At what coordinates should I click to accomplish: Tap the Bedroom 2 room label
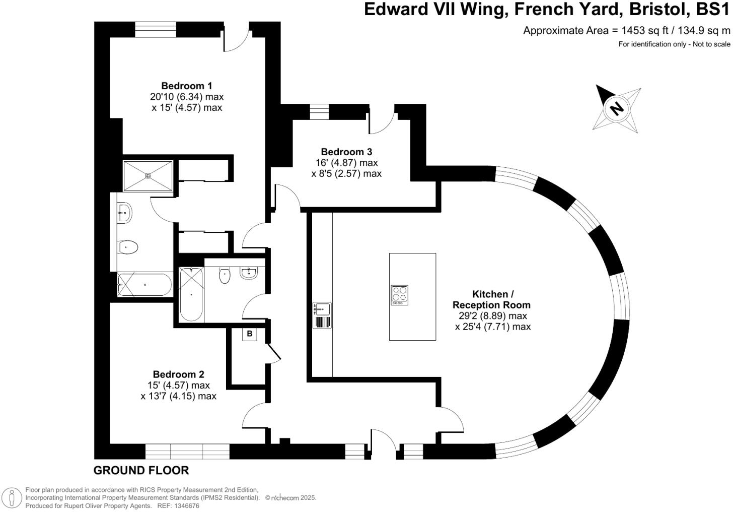[178, 374]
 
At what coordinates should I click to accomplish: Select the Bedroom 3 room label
[346, 152]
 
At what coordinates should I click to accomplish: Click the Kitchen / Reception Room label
[492, 299]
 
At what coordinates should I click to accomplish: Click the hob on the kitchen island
[400, 295]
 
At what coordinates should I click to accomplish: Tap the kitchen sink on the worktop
[322, 308]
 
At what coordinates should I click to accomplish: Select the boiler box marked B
[250, 334]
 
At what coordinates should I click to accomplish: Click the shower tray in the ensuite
[148, 175]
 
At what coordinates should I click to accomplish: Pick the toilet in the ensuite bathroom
[129, 247]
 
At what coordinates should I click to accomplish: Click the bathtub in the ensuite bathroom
[145, 285]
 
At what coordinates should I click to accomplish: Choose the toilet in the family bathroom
[225, 275]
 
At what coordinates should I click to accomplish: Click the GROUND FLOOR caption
[141, 470]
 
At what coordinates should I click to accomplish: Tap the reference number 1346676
[186, 506]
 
